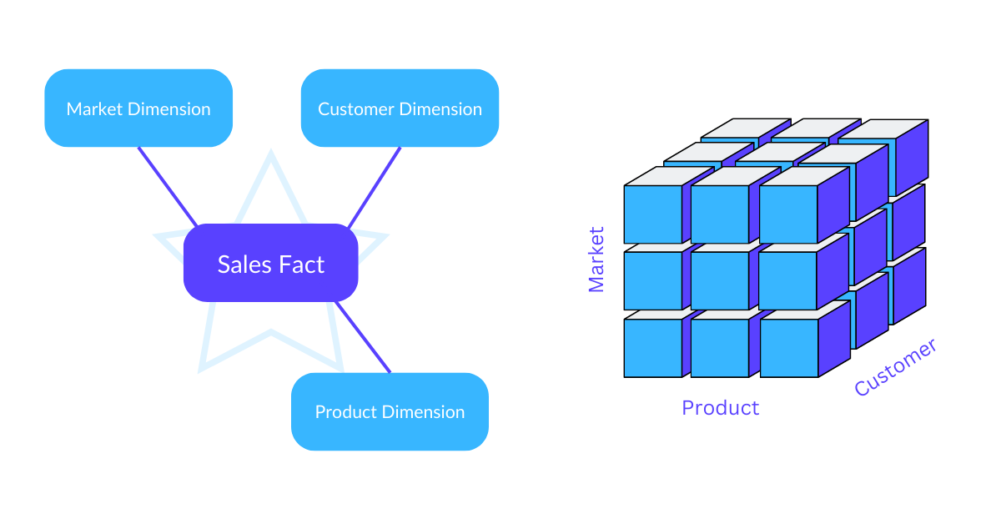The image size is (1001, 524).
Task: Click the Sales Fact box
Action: tap(270, 263)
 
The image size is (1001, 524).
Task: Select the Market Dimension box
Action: tap(138, 108)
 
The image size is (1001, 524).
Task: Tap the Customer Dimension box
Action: tap(400, 108)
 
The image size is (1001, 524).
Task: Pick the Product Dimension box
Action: tap(390, 411)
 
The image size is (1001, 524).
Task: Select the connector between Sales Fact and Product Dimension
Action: tap(363, 337)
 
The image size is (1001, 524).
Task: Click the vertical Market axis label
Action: tap(596, 259)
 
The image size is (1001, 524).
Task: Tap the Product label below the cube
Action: tap(720, 408)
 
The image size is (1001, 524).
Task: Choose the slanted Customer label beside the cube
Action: tap(895, 367)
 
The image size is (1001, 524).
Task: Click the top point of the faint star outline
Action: tap(270, 155)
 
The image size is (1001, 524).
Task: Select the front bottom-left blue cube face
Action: tap(652, 348)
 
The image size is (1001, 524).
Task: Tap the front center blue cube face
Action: tap(719, 281)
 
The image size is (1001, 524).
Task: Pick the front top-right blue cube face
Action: tap(787, 214)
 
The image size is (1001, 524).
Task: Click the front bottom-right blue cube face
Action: tap(788, 348)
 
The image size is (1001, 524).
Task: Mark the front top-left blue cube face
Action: tap(652, 214)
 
